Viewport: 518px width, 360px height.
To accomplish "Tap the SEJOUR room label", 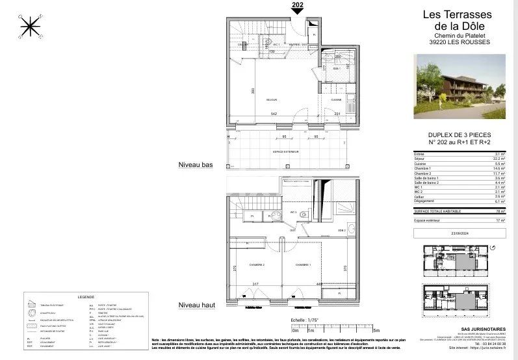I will click(272, 100).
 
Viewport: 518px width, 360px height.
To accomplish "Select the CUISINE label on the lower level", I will click(336, 100).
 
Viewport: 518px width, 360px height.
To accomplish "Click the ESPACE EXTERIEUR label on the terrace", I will click(286, 151).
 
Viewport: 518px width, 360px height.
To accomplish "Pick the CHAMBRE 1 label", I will click(304, 265).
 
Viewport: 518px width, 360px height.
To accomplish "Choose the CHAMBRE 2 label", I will click(255, 265).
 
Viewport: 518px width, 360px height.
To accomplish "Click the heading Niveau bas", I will click(195, 166).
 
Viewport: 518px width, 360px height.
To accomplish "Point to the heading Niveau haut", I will click(195, 305).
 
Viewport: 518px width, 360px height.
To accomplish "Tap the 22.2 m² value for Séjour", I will click(500, 158).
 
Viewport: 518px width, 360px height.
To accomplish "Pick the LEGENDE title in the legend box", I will click(86, 296).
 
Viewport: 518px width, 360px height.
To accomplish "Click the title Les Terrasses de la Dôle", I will click(459, 19).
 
